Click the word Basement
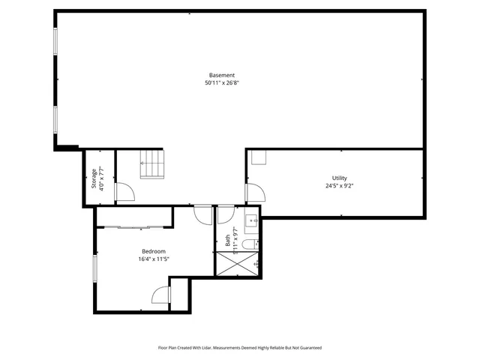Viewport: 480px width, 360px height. pos(222,75)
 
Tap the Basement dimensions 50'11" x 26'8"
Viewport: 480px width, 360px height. pos(222,83)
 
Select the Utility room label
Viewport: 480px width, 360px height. pos(339,178)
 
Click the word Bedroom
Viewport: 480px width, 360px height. pos(153,251)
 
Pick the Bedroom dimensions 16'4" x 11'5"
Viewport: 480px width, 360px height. pos(153,259)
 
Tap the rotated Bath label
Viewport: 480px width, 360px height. pos(228,241)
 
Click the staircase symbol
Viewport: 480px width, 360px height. pos(151,164)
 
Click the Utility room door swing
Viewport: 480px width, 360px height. pos(254,193)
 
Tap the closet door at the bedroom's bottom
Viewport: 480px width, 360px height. pos(161,295)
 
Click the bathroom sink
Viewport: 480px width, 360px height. pos(253,220)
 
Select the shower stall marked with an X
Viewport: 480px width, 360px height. pos(238,263)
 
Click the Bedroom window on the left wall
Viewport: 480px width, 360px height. pos(94,268)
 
